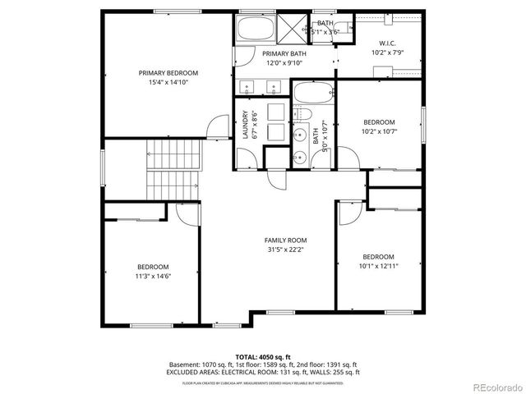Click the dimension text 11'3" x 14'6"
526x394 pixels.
(x=153, y=277)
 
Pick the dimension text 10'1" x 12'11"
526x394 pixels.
(x=379, y=266)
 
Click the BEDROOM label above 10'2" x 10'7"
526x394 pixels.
(x=379, y=121)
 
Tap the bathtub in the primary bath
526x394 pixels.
(x=255, y=31)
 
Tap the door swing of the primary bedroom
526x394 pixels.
(x=218, y=127)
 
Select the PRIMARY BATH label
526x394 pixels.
(x=283, y=53)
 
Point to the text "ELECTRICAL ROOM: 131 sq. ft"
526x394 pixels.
(x=275, y=372)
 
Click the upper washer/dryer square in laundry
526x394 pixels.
(x=276, y=112)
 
